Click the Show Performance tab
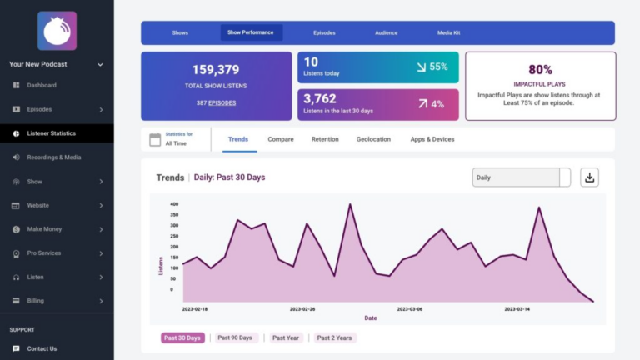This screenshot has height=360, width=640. point(251,32)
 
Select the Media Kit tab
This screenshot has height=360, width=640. point(448,32)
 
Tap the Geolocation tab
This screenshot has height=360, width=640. point(373,139)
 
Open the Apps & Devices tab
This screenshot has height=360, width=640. point(432,139)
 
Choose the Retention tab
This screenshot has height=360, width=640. point(325,139)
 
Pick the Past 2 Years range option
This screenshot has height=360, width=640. point(334,337)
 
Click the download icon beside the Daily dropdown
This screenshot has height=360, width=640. point(589,177)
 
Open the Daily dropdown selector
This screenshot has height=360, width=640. point(521,177)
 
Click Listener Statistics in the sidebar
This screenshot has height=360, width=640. point(51,133)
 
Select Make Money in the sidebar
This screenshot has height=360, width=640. point(44,229)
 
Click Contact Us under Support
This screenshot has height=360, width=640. point(42,348)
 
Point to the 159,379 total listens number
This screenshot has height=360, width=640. point(216,70)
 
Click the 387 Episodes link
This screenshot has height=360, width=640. point(216,103)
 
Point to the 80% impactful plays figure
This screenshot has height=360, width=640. point(540,70)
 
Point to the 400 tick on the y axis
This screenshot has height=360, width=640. point(174,203)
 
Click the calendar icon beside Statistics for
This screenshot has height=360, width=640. point(154,139)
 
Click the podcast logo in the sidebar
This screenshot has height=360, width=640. point(57,31)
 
